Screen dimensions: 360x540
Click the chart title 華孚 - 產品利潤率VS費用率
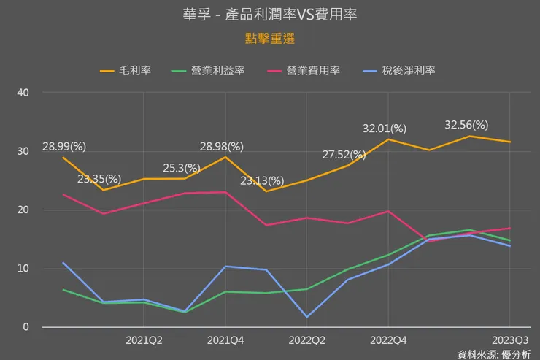[x=269, y=15]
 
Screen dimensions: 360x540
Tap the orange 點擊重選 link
[x=269, y=37]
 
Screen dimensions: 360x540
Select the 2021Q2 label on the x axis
[x=144, y=340]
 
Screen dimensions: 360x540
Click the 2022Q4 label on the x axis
[x=388, y=340]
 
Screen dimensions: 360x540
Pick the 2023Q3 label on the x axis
[x=509, y=340]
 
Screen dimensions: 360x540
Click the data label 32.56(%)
[x=466, y=125]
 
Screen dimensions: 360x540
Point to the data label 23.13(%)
[x=262, y=180]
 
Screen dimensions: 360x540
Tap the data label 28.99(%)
[x=64, y=146]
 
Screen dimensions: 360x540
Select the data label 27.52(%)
[x=344, y=154]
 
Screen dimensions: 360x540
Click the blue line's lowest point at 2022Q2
[x=306, y=317]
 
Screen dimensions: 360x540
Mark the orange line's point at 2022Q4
[x=388, y=139]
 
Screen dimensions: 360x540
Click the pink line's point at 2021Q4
[x=225, y=192]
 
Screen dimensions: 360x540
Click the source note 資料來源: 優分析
[x=494, y=353]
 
